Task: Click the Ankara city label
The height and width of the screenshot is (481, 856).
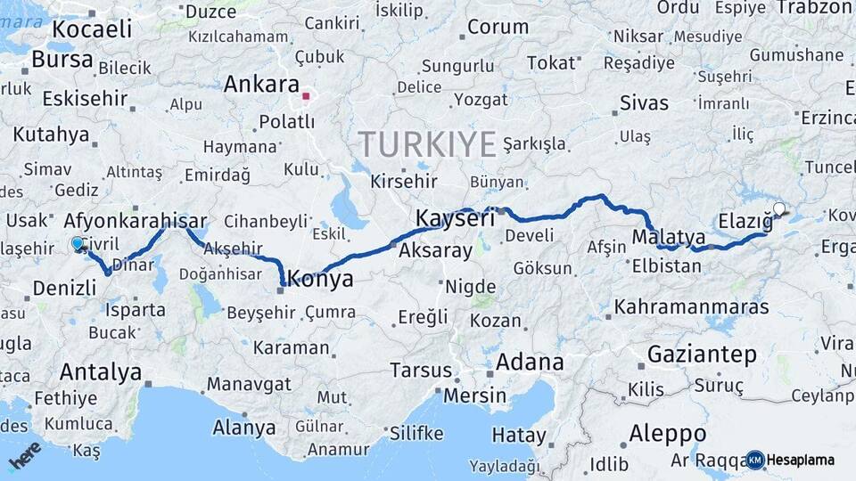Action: pos(260,85)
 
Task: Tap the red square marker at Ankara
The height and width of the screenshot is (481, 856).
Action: pos(306,96)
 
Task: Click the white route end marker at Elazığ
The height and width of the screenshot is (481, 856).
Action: pos(779,209)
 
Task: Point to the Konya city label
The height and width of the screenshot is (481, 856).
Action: pos(321,279)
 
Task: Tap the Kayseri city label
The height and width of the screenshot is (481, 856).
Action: pos(455,217)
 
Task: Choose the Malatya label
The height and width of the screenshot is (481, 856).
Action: pos(668,237)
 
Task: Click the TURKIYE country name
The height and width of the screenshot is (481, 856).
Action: pos(427,143)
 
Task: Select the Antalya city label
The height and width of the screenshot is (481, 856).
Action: pos(101,371)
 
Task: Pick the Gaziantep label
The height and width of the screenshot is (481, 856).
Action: pos(702,354)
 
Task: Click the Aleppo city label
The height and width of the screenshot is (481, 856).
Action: pos(667,434)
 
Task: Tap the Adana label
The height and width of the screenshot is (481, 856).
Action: pos(530,362)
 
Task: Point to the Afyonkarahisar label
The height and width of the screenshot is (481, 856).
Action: pos(136,221)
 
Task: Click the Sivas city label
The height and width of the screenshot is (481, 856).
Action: pos(644,102)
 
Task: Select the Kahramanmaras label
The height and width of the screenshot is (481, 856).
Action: pos(691,306)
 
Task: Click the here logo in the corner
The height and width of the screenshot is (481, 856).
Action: pos(24,454)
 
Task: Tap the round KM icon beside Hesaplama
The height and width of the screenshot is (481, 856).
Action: pos(755,460)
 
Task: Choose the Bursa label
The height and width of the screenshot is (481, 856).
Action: pos(62,60)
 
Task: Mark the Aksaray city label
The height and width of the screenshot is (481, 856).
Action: pos(436,250)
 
